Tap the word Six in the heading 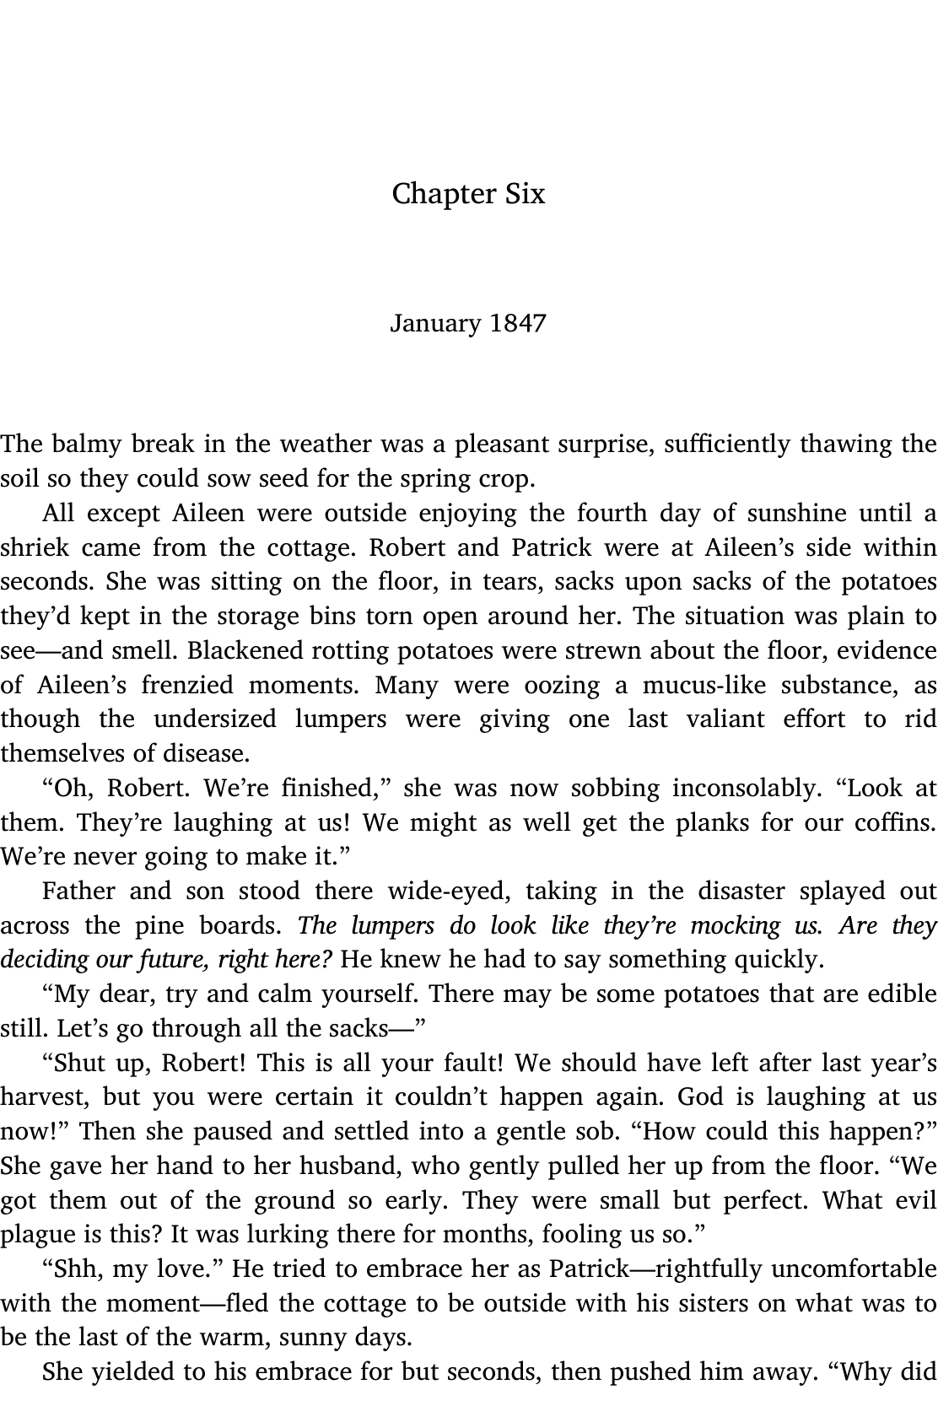point(526,194)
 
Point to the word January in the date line point(435,324)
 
